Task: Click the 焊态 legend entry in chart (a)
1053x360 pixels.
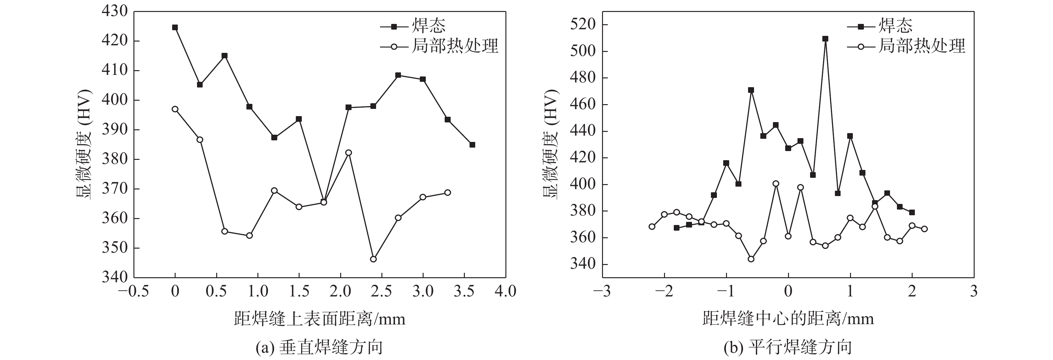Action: (428, 26)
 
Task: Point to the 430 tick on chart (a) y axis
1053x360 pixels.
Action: (115, 11)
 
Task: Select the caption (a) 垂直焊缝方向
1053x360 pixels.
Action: (319, 348)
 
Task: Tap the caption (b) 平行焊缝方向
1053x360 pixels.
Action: (788, 348)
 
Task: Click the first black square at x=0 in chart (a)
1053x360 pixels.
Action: (175, 27)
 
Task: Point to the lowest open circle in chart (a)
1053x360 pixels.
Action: (373, 259)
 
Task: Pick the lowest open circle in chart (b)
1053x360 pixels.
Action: (751, 259)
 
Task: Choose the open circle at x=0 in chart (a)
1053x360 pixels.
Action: (175, 109)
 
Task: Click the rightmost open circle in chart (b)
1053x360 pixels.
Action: (924, 229)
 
